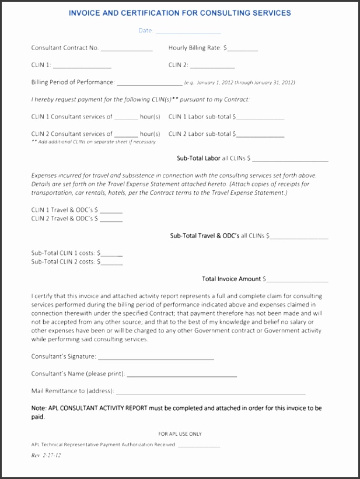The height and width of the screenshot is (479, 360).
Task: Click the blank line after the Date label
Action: point(188,32)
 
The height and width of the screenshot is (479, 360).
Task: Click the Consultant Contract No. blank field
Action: point(127,50)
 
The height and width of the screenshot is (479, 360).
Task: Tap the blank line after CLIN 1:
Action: point(82,67)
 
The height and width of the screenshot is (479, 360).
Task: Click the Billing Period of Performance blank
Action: point(149,84)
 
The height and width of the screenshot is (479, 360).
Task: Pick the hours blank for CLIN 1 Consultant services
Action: point(126,118)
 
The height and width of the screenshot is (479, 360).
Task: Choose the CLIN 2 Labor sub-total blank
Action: point(260,135)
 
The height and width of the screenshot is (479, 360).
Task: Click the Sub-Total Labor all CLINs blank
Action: point(290,160)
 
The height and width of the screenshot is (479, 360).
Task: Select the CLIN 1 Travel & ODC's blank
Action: point(111,211)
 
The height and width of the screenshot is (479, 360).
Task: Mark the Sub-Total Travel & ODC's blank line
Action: point(299,237)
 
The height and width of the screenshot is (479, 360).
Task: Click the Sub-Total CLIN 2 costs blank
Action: point(112,264)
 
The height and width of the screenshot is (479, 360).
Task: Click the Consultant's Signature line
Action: point(156,358)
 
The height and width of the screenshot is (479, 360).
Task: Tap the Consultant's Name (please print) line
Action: point(182,375)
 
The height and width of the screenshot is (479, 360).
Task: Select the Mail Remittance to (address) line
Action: point(210,393)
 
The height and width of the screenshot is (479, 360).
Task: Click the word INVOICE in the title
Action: point(87,13)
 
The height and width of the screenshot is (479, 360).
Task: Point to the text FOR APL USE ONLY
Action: point(180,434)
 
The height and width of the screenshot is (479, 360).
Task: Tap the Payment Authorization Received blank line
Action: point(198,446)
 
